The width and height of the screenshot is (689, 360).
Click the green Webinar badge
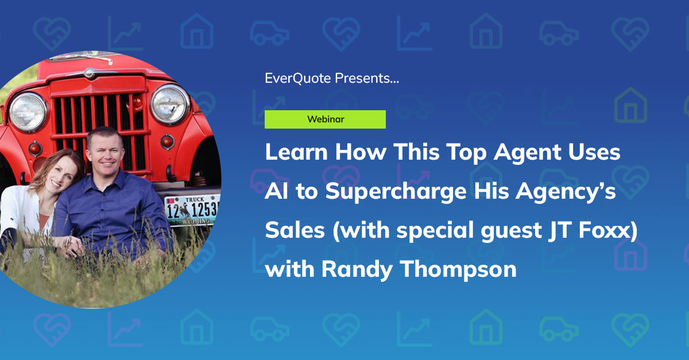325,119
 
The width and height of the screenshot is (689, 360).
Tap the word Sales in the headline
290,230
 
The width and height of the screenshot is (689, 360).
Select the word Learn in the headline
296,153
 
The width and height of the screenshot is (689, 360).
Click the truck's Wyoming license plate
193,210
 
